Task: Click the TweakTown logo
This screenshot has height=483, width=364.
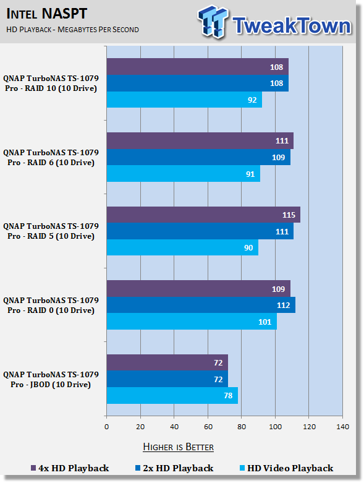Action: [274, 22]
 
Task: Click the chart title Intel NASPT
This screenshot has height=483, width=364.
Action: [47, 14]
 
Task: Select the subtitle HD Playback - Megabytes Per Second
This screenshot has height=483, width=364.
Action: [73, 30]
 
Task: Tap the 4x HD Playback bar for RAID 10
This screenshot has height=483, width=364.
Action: [198, 67]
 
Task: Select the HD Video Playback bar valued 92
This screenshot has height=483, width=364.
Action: [184, 100]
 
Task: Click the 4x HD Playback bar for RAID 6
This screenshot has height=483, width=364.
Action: [200, 141]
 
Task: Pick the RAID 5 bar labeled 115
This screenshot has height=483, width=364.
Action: [203, 215]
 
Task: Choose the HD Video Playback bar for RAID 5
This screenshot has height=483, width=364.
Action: [182, 247]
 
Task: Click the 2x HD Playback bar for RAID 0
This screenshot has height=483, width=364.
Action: [201, 305]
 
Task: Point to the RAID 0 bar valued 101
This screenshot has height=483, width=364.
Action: [192, 322]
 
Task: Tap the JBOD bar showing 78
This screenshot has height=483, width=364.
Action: [172, 396]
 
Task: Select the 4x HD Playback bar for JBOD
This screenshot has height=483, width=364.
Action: [167, 362]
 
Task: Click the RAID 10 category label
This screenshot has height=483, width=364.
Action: [51, 83]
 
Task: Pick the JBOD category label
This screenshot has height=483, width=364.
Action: [51, 380]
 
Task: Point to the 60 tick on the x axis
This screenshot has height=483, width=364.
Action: [208, 427]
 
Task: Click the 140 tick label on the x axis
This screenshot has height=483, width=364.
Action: [342, 427]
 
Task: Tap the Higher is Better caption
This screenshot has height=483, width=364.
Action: [179, 447]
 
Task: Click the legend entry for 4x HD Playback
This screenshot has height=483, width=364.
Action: [70, 468]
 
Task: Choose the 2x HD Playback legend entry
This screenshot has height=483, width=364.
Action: [174, 468]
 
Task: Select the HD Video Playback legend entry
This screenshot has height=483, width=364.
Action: [287, 468]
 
